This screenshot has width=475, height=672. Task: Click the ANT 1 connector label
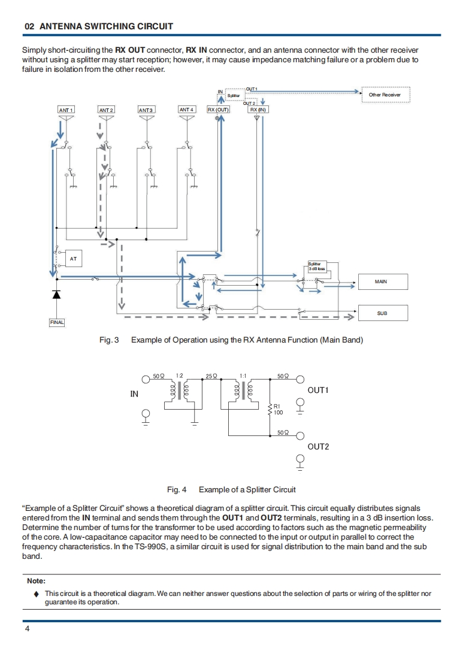66,110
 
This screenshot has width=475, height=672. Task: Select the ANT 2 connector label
106,110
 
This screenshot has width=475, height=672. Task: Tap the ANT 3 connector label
146,110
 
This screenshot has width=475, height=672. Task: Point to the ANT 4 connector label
186,110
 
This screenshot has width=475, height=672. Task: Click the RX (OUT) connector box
218,110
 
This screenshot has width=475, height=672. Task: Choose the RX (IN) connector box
258,110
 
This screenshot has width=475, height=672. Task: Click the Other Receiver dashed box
385,95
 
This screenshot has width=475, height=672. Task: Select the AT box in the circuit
73,258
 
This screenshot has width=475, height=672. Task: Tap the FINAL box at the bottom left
57,322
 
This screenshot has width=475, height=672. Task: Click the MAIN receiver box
383,282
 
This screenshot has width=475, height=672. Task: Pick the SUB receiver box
383,313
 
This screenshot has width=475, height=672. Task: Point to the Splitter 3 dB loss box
317,267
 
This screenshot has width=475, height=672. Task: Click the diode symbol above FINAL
56,294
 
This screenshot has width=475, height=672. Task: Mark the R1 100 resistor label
278,409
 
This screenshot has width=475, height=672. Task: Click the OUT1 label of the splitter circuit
318,391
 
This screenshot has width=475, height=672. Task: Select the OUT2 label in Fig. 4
318,447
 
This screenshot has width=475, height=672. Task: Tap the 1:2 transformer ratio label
179,376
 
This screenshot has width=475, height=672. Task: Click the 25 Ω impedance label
211,376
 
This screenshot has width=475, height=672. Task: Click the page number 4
28,629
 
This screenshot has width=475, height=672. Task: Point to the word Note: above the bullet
36,581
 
